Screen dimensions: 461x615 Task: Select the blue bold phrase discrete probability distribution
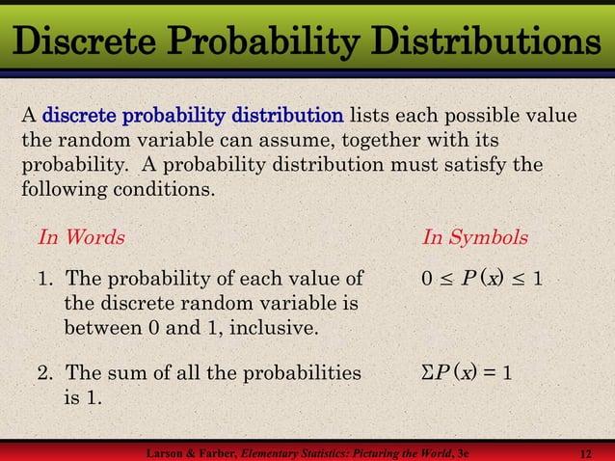[x=193, y=117]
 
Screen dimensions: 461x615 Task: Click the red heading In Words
[x=81, y=236]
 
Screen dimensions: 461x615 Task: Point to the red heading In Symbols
[x=474, y=236]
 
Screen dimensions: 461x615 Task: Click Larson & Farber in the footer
[x=189, y=452]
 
